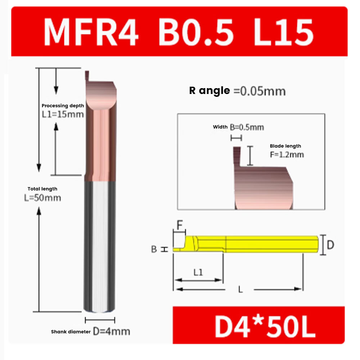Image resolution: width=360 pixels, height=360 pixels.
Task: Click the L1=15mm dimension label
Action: (63, 114)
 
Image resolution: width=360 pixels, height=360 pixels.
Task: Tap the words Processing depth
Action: (63, 106)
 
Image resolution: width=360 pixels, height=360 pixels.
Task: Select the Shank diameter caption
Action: (71, 332)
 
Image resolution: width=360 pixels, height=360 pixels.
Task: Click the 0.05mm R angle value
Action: (260, 91)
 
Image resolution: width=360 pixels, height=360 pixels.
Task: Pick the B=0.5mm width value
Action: (247, 127)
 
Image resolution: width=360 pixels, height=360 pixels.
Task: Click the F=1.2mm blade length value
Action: (287, 155)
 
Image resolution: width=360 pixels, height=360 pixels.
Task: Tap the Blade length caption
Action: (285, 146)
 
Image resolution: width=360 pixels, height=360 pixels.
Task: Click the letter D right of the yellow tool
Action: (330, 245)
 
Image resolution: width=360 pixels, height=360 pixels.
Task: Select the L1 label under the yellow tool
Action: (198, 273)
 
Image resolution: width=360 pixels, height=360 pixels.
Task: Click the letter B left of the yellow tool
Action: (154, 249)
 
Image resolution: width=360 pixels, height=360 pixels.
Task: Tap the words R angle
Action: (210, 91)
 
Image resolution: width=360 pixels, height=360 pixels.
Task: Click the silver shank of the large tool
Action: (100, 245)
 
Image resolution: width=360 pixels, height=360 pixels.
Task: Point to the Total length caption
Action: (42, 189)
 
